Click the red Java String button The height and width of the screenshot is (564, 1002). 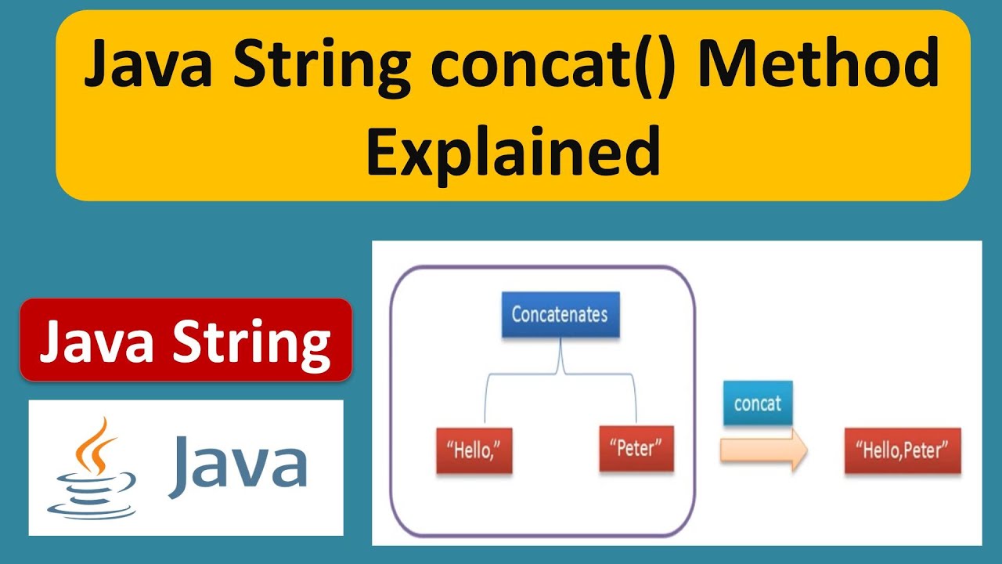coord(186,340)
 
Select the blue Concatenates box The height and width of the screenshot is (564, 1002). coord(560,315)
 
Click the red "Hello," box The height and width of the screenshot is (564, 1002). coord(474,450)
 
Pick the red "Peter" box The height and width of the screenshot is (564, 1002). coord(636,448)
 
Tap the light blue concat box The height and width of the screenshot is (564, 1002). coord(757,403)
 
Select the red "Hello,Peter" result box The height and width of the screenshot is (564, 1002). coord(902,450)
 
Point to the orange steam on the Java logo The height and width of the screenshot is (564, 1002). coord(95,443)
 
